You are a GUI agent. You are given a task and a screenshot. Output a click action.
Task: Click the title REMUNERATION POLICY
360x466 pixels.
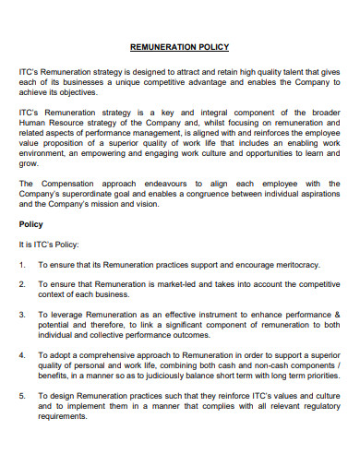point(180,46)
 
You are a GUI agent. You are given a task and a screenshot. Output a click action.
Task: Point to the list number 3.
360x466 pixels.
point(22,315)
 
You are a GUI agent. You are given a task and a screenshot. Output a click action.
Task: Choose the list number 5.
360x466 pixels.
point(22,395)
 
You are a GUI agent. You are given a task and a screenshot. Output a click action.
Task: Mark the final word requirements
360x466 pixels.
point(62,415)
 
